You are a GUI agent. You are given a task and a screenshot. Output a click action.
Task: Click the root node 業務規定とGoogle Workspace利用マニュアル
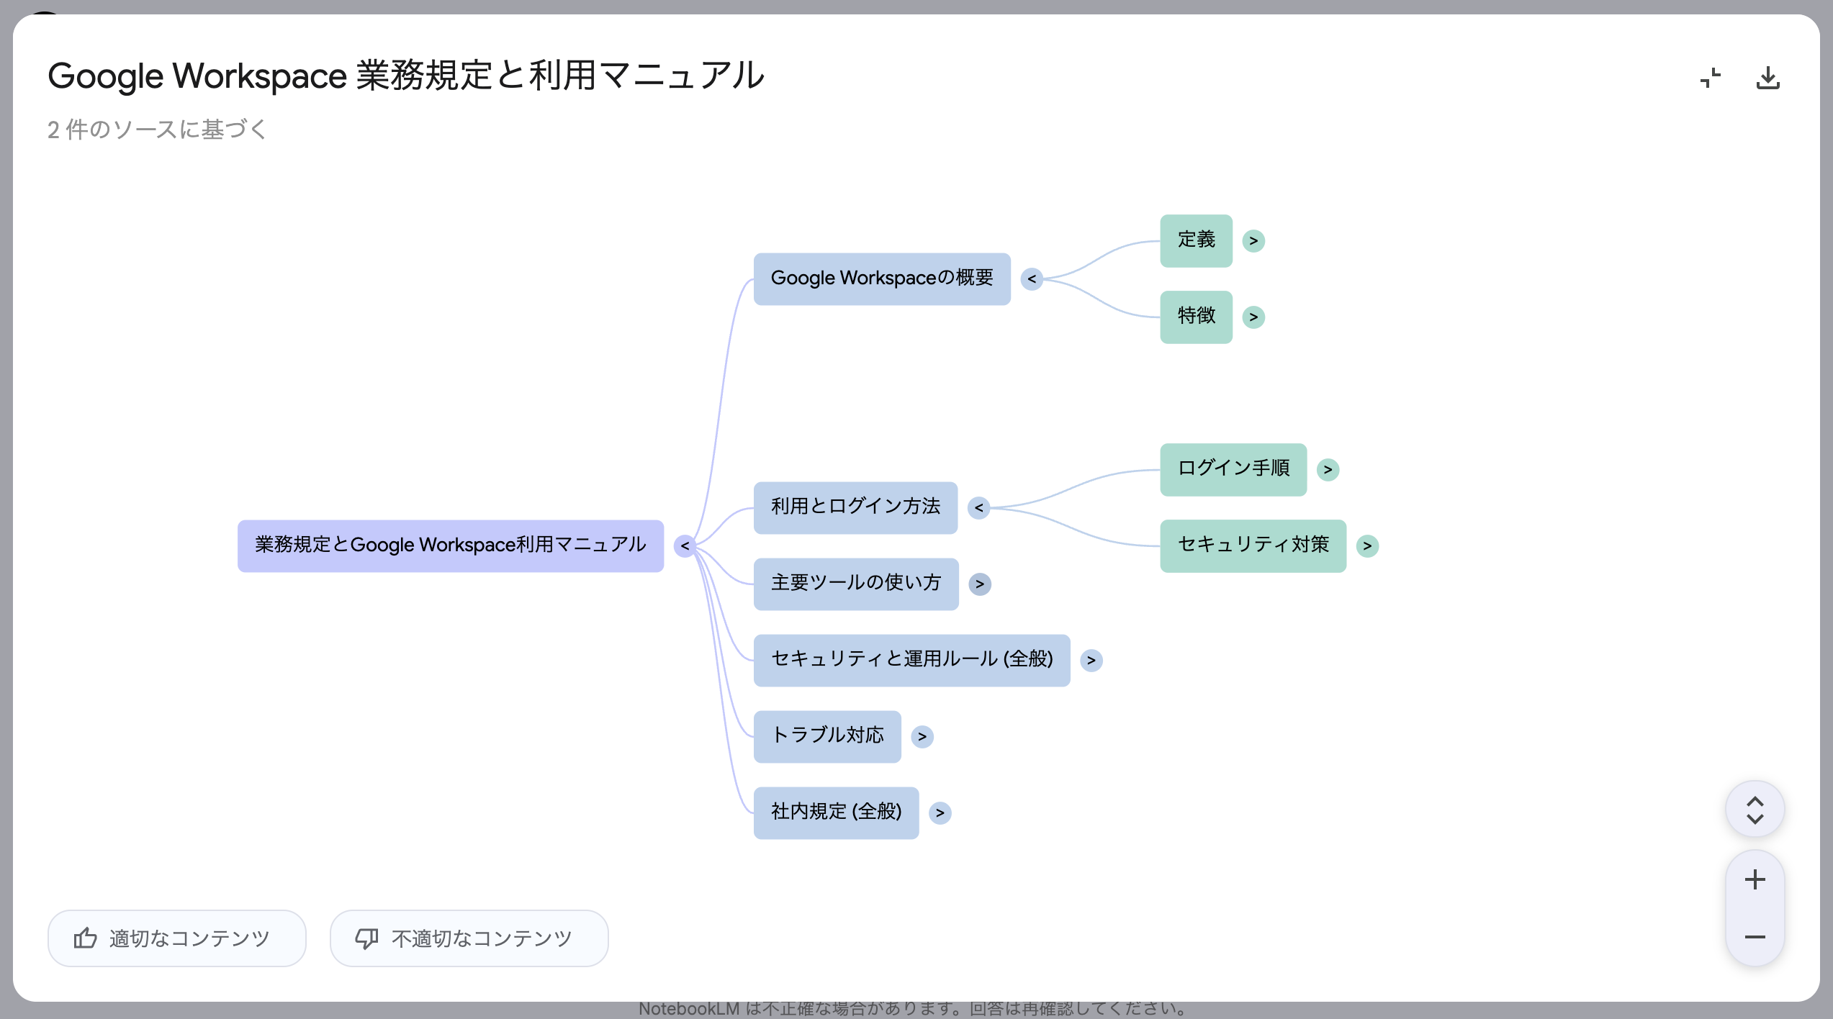click(x=450, y=545)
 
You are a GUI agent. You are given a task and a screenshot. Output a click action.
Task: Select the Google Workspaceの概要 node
click(x=881, y=278)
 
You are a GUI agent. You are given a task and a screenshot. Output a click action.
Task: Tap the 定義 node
click(x=1196, y=240)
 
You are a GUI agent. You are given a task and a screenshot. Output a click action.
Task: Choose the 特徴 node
click(x=1196, y=317)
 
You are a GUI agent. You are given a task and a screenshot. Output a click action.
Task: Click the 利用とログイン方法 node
click(x=855, y=507)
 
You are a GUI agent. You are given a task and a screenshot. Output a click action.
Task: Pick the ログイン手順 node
click(x=1233, y=469)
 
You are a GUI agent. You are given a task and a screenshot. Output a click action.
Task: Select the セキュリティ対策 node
click(x=1252, y=545)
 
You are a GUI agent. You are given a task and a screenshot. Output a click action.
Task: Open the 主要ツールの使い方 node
click(x=855, y=584)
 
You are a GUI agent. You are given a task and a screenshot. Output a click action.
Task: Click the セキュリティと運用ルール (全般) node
click(x=911, y=660)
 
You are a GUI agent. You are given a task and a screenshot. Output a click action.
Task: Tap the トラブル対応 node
click(x=827, y=736)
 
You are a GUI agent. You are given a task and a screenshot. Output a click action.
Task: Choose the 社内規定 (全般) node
click(x=835, y=812)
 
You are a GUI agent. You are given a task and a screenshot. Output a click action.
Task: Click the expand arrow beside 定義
click(x=1253, y=240)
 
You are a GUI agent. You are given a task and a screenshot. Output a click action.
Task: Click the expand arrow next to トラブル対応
click(x=922, y=736)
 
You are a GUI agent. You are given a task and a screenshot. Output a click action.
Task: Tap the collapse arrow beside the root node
click(x=685, y=545)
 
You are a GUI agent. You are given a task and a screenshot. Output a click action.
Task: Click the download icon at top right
click(x=1767, y=78)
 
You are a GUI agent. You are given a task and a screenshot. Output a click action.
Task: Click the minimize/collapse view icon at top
click(x=1710, y=78)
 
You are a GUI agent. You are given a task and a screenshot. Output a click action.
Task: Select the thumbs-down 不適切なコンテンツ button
click(x=469, y=938)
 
